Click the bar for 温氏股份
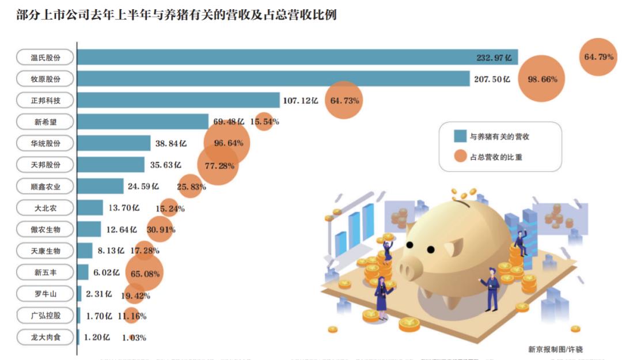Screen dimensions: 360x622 pos(297,57)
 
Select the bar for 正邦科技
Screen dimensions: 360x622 pos(178,100)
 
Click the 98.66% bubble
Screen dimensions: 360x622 pos(542,79)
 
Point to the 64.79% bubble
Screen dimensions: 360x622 pos(598,57)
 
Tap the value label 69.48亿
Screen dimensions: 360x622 pos(229,122)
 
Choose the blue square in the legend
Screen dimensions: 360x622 pos(460,137)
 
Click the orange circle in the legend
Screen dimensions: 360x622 pos(460,156)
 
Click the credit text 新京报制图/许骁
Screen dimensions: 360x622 pos(555,348)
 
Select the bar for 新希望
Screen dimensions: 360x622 pos(143,122)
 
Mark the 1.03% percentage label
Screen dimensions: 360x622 pos(134,338)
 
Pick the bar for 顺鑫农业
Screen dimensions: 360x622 pos(100,186)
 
